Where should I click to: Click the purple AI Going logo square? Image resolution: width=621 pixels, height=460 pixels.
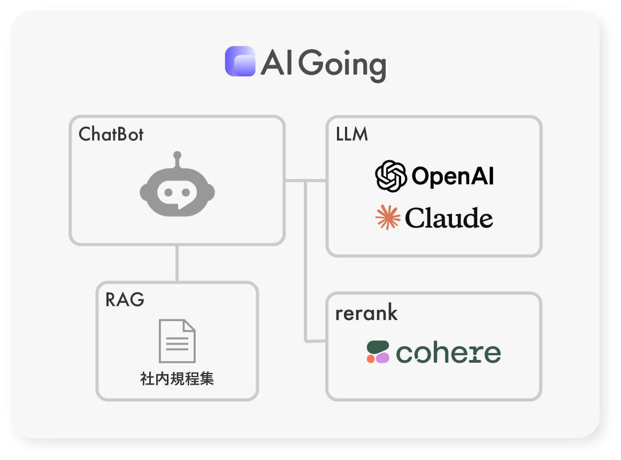tap(240, 61)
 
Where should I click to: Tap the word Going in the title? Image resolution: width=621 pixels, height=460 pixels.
tap(342, 65)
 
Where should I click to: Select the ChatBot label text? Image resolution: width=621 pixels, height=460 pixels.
tap(111, 134)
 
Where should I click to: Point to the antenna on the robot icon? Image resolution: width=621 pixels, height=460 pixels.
tap(177, 160)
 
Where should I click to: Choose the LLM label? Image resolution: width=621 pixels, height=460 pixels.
tap(352, 134)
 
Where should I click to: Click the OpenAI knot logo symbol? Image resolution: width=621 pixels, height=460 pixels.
tap(391, 176)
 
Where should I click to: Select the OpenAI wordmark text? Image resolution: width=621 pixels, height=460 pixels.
tap(453, 176)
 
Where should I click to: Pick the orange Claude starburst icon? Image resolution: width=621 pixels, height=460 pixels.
tap(388, 217)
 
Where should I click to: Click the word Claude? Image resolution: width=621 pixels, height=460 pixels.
tap(449, 218)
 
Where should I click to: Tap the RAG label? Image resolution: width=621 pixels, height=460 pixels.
tap(125, 299)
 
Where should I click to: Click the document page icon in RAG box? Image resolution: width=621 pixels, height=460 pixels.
tap(177, 341)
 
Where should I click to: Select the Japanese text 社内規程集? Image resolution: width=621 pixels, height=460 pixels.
tap(177, 379)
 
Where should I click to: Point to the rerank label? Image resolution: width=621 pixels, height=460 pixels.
tap(366, 313)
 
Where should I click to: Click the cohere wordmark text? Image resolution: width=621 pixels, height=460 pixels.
tap(448, 353)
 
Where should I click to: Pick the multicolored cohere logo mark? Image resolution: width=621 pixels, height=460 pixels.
tap(378, 352)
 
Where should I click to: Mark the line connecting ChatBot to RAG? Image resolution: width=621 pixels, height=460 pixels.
tap(177, 263)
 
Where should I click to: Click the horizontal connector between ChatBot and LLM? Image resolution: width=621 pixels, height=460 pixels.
tap(305, 181)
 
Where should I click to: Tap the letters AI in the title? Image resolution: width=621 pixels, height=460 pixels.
tap(275, 64)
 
